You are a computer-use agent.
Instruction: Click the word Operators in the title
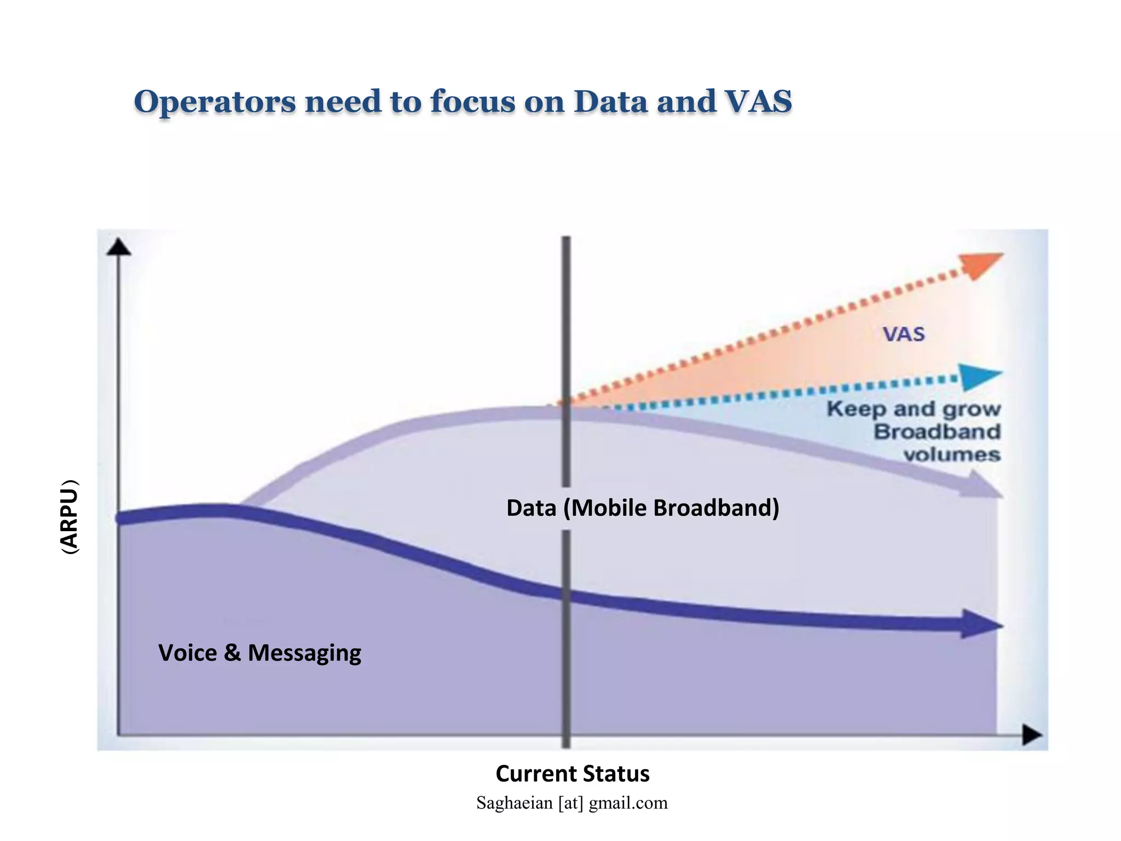[214, 102]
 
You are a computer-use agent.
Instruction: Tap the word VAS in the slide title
[758, 102]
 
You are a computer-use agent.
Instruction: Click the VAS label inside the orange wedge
[904, 334]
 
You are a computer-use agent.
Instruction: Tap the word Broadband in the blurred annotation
[937, 432]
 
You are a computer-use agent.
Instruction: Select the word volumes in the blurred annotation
[952, 455]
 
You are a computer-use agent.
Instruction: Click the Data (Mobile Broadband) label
[643, 508]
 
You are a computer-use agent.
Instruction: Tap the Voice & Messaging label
[259, 653]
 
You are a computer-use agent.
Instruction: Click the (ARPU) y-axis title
[70, 517]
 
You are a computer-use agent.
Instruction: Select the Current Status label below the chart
[572, 774]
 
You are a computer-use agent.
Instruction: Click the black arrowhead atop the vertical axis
[119, 247]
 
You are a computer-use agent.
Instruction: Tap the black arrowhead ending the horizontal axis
[1031, 735]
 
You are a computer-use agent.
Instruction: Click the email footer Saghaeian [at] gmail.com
[572, 803]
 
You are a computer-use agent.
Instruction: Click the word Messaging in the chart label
[304, 653]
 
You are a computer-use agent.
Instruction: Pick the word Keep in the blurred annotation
[856, 409]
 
